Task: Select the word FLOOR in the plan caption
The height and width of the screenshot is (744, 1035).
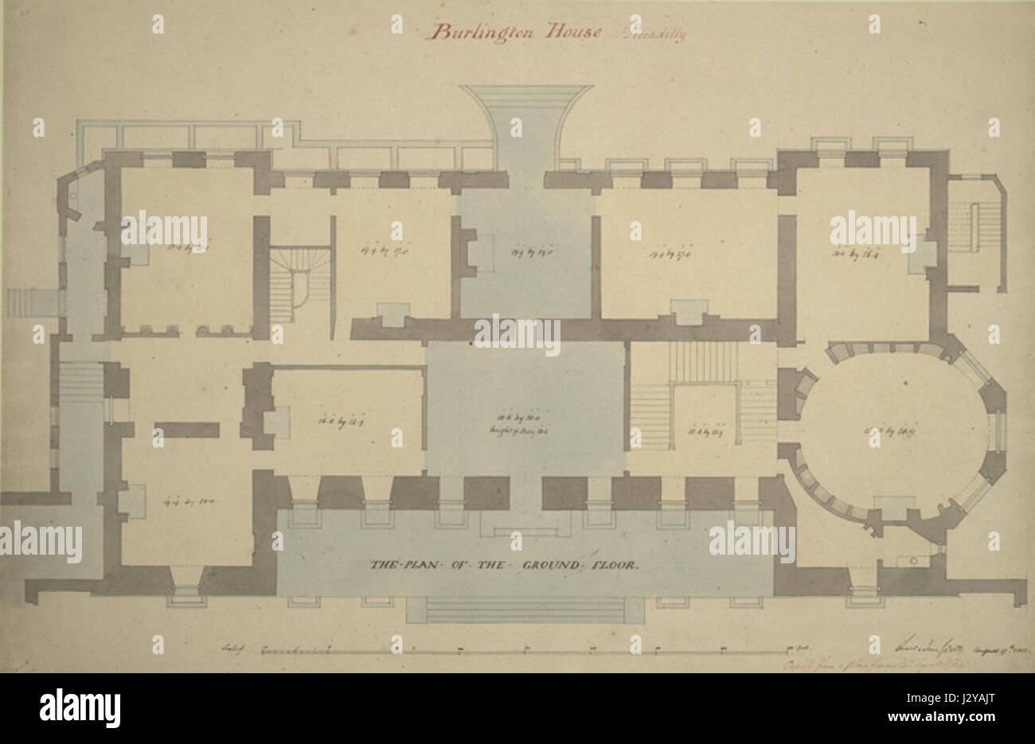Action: click(615, 566)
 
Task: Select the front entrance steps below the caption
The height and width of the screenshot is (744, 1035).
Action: click(525, 610)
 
